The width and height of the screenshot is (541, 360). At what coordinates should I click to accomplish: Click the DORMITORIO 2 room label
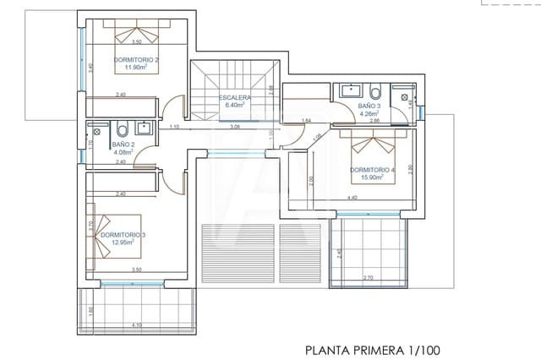pyautogui.click(x=134, y=59)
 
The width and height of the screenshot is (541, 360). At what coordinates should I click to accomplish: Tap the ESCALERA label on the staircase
pyautogui.click(x=234, y=98)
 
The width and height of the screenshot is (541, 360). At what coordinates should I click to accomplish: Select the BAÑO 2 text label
pyautogui.click(x=123, y=145)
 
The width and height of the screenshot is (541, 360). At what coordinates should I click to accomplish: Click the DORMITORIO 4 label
pyautogui.click(x=372, y=170)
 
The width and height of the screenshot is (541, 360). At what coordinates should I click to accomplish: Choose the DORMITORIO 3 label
pyautogui.click(x=123, y=235)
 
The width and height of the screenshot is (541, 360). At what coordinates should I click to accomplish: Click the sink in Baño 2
pyautogui.click(x=145, y=128)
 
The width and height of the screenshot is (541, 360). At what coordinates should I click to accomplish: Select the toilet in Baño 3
pyautogui.click(x=376, y=90)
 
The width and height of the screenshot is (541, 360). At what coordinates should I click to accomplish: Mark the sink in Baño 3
pyautogui.click(x=349, y=90)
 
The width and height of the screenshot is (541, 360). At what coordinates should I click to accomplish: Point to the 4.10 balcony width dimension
pyautogui.click(x=137, y=326)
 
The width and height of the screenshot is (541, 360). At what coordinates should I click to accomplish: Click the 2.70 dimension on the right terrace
pyautogui.click(x=368, y=278)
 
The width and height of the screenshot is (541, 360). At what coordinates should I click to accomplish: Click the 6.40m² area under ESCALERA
pyautogui.click(x=234, y=106)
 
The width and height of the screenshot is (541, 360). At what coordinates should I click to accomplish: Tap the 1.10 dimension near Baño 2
pyautogui.click(x=173, y=127)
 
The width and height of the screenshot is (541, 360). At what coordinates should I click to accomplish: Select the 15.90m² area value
pyautogui.click(x=373, y=177)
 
